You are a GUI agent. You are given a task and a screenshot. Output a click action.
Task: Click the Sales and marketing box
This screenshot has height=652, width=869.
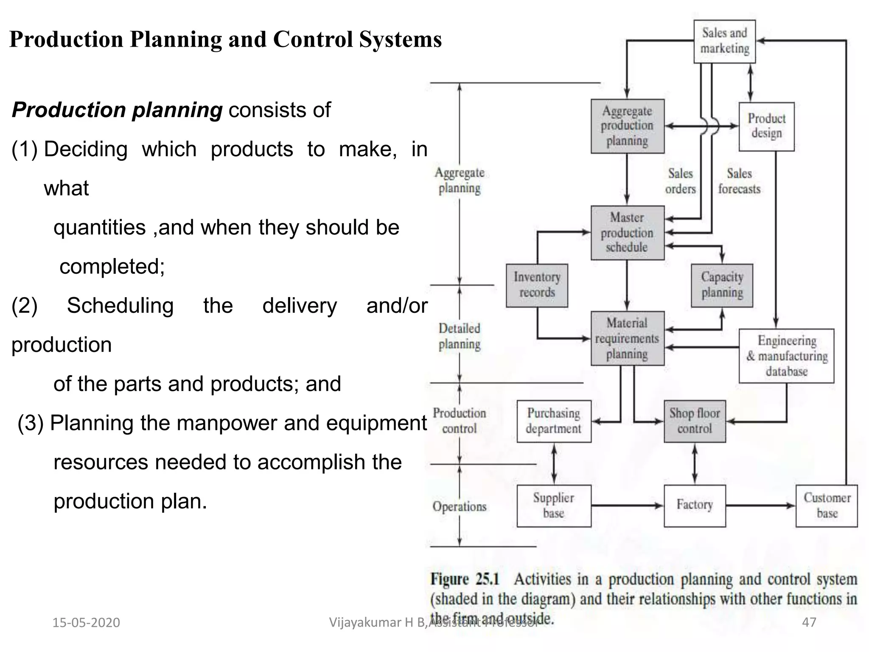[x=724, y=41]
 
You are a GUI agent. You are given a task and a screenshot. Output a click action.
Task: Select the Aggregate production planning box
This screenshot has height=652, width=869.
[x=627, y=126]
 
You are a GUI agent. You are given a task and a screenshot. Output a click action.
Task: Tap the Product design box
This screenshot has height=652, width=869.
[x=766, y=126]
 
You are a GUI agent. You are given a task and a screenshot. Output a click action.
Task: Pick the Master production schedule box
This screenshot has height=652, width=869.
[x=627, y=233]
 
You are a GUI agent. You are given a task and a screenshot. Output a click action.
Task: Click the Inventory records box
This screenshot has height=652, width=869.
[x=537, y=285]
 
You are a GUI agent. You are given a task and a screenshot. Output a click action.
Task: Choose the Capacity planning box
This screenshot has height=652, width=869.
[x=722, y=285]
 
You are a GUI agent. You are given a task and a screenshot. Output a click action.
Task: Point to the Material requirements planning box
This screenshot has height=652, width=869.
[x=627, y=338]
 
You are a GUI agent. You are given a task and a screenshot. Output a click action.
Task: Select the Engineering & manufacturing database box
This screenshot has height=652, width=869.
[x=786, y=356]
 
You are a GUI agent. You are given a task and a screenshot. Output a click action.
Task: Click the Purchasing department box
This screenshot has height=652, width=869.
[x=554, y=421]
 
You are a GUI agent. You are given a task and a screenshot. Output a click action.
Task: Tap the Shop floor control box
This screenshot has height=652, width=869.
[x=695, y=421]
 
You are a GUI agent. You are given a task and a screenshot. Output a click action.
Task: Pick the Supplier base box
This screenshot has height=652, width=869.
[x=554, y=506]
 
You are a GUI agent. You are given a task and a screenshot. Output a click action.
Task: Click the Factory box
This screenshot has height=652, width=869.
[x=695, y=506]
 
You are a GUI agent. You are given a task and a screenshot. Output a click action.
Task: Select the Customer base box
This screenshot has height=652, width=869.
[x=827, y=506]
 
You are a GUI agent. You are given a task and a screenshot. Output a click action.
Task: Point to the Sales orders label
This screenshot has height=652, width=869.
[x=680, y=181]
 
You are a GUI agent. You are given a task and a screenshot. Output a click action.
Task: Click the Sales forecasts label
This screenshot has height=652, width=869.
[x=739, y=181]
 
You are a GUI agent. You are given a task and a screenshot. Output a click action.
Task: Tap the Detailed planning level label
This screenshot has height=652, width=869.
[x=460, y=336]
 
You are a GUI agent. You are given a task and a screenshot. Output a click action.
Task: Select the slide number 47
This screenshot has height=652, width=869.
[x=809, y=622]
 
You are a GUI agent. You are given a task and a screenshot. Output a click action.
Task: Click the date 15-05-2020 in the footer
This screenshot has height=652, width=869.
[x=86, y=623]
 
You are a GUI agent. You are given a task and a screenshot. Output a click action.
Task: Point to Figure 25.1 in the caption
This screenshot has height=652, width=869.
[x=465, y=579]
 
